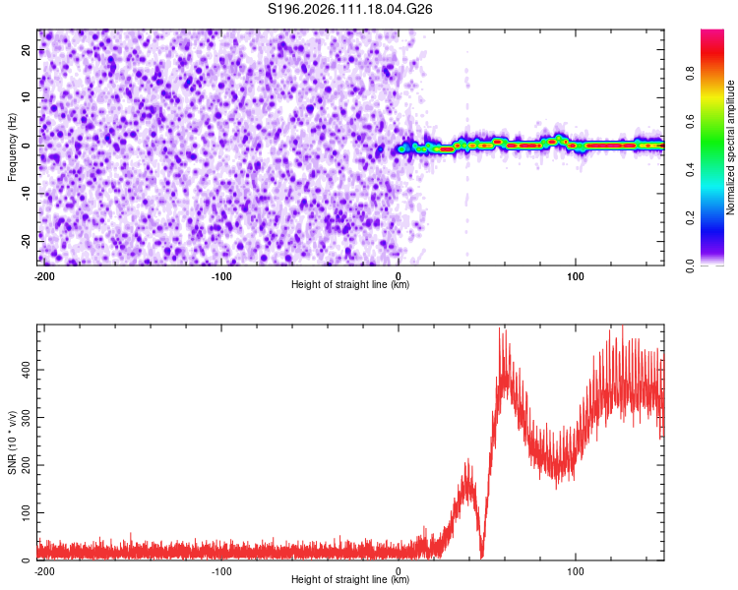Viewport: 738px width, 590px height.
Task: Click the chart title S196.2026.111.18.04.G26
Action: point(351,9)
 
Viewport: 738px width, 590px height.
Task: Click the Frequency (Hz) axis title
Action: point(12,147)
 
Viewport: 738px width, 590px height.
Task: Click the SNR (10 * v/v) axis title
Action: point(12,442)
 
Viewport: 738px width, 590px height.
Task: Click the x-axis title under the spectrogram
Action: point(350,285)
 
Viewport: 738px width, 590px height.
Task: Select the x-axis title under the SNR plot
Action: point(350,580)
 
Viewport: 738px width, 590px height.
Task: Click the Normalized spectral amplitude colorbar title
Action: point(730,147)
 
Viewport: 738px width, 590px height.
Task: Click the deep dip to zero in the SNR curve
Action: point(482,556)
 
